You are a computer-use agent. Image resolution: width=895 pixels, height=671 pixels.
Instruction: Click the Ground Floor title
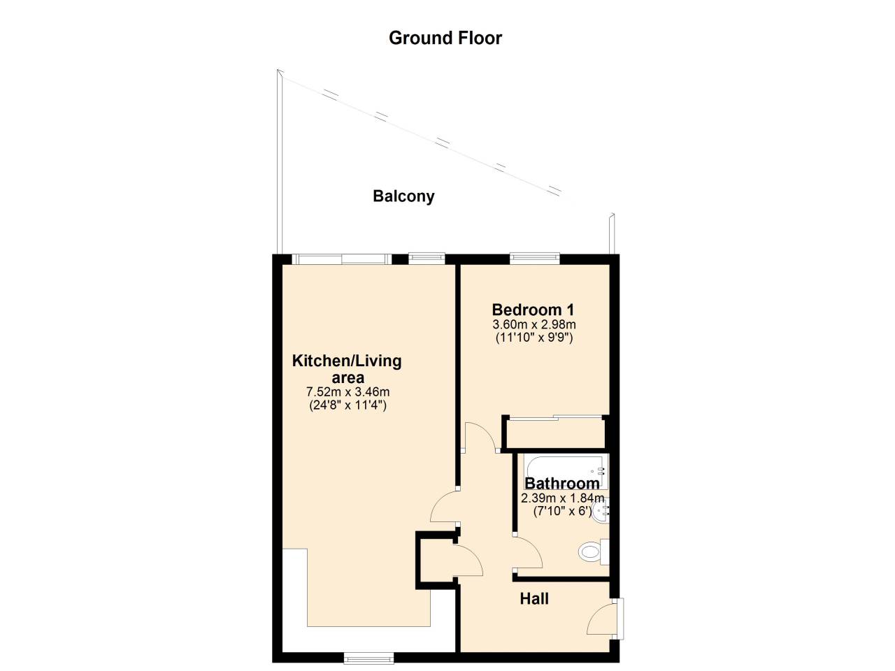[x=445, y=38]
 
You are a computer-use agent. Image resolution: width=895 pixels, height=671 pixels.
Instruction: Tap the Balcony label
[x=403, y=196]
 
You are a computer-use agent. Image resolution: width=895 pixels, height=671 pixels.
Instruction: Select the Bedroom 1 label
[x=533, y=310]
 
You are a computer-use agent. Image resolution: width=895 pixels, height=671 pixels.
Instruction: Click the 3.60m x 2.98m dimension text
[x=534, y=324]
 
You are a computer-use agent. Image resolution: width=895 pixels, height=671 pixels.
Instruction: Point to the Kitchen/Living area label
[x=347, y=369]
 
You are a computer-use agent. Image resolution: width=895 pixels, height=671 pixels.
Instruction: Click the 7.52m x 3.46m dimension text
[x=348, y=392]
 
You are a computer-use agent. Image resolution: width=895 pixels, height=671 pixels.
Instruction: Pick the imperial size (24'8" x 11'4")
[x=348, y=405]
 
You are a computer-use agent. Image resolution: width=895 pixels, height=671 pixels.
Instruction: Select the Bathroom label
[x=561, y=483]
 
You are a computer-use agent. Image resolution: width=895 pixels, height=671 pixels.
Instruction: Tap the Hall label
[x=534, y=599]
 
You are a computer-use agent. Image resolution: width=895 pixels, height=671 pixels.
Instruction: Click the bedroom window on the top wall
[x=534, y=258]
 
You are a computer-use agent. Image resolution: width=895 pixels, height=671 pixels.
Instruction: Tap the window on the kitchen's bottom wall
[x=368, y=658]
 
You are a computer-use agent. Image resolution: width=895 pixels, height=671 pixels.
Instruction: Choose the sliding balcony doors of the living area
[x=341, y=259]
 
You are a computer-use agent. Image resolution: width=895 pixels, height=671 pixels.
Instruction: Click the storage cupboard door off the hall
[x=467, y=559]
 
